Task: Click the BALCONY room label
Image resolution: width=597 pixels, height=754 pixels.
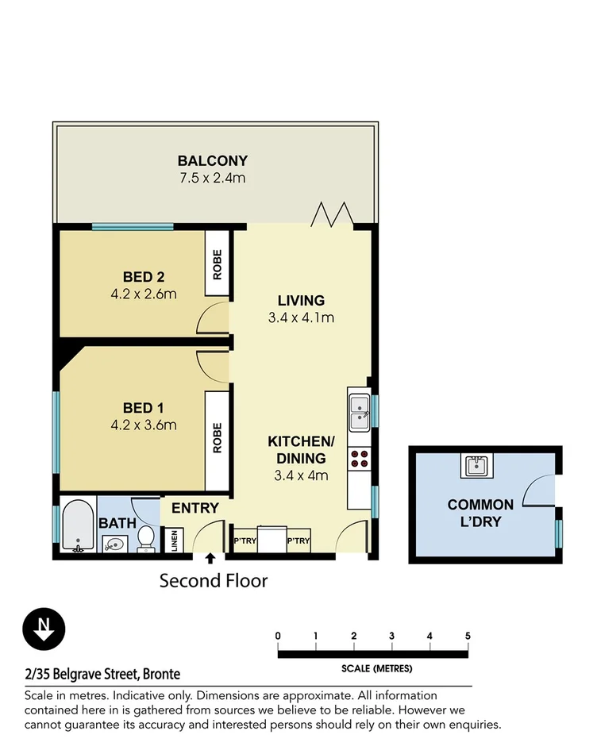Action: pos(212,160)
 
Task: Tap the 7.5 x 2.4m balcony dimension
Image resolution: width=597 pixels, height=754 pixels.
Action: pos(212,178)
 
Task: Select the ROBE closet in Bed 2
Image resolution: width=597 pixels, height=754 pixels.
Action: pos(218,265)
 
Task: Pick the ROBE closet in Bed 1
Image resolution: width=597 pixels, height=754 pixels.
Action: pos(218,437)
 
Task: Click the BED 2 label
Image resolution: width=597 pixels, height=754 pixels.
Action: pos(143,277)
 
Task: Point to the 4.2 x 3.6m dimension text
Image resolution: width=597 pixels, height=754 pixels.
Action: pos(144,425)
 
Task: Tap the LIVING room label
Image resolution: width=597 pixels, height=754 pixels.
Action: pos(301,301)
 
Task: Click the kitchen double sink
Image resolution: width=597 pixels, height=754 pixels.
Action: pos(359,408)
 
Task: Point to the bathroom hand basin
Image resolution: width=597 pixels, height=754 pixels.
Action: pos(113,544)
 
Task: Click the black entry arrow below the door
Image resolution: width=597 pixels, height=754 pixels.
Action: pos(210,560)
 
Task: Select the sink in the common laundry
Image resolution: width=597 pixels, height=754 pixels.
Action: pos(477,465)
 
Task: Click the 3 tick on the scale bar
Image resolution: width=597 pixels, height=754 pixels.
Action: pos(391,636)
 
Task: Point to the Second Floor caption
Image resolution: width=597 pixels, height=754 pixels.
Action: pos(214,581)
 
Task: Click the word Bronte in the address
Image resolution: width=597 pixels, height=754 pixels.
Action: pos(161,675)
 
